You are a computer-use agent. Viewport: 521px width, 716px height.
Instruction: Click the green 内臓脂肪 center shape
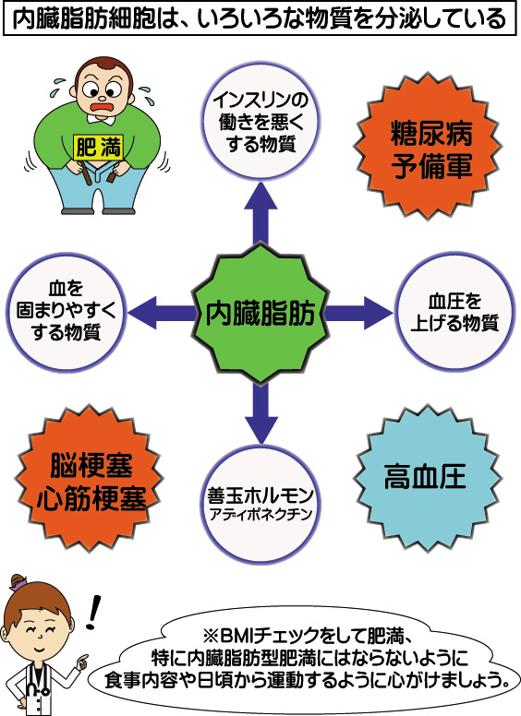(260, 313)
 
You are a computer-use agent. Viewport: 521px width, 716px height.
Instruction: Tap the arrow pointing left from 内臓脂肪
(162, 313)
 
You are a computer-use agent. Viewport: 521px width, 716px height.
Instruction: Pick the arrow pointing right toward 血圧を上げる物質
(358, 313)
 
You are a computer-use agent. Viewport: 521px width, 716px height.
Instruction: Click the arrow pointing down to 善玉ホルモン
(260, 412)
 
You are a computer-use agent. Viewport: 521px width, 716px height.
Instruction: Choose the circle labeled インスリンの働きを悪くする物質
(260, 122)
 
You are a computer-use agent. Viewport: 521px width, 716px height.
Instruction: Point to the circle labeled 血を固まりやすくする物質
(67, 313)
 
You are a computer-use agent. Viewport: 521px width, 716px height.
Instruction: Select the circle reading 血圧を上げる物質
(454, 312)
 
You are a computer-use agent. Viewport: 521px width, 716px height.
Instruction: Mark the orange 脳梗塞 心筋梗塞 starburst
(90, 479)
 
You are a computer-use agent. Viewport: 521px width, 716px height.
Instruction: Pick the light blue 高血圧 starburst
(429, 478)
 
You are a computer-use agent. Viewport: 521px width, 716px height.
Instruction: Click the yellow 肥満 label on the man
(98, 148)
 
